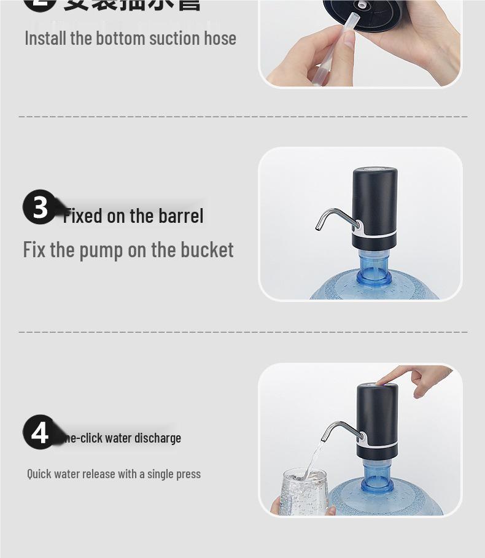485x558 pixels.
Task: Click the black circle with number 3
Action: click(x=40, y=207)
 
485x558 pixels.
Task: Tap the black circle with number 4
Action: click(x=39, y=432)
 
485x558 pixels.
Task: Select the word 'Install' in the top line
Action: click(x=45, y=38)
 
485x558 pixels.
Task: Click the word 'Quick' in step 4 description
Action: click(x=39, y=474)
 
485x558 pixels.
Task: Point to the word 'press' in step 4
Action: click(x=187, y=475)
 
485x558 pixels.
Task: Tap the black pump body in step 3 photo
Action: click(x=374, y=200)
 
